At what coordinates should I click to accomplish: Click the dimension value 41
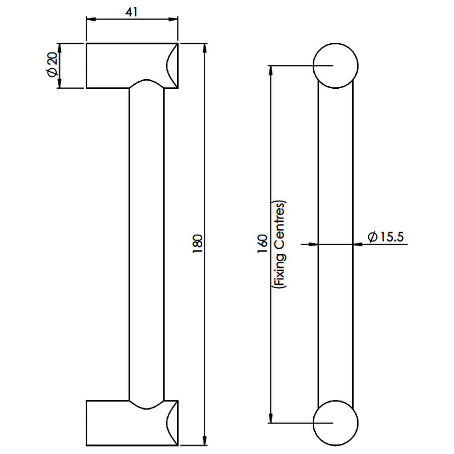point(132,12)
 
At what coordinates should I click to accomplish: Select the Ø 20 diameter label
point(52,66)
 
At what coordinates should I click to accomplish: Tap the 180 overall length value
point(197,244)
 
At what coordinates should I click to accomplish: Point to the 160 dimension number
point(262,244)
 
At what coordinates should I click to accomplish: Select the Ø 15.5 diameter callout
point(385,237)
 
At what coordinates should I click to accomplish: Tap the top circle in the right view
point(335,66)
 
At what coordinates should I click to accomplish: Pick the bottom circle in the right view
point(335,423)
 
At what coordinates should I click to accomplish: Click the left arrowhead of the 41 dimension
point(91,19)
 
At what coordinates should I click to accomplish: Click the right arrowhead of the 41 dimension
point(173,19)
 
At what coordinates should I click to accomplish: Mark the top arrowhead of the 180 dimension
point(205,48)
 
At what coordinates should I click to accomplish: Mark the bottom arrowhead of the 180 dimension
point(205,441)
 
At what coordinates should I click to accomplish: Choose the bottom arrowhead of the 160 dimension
point(270,418)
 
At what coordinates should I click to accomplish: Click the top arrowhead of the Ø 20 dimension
point(60,48)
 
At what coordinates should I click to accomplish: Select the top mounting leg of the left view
point(132,66)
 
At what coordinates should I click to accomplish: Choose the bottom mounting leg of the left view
point(132,423)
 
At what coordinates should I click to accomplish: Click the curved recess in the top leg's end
point(167,66)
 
